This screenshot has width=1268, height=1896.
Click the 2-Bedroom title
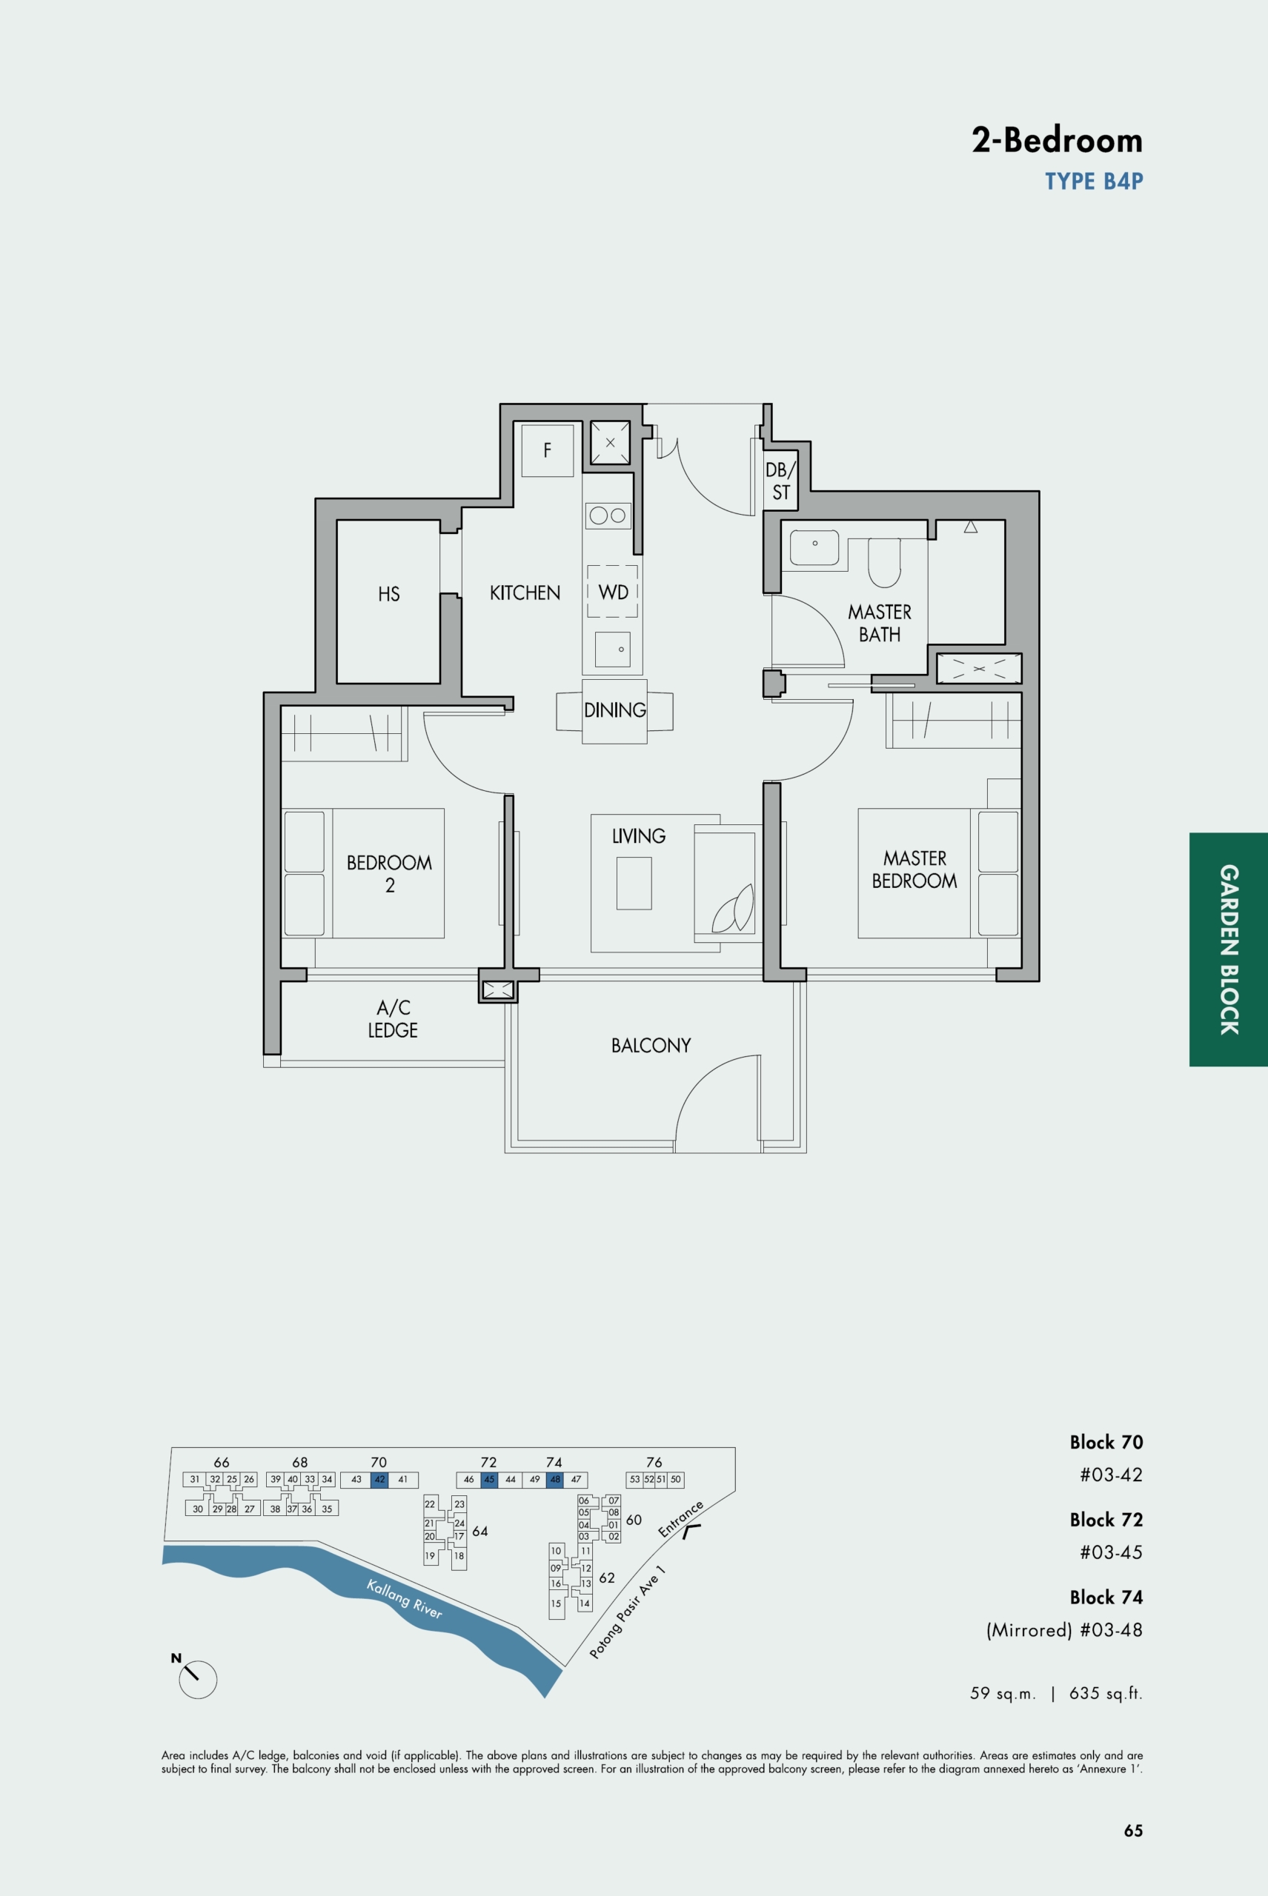pos(1057,140)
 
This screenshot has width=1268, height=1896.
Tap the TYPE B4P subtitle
pos(1093,181)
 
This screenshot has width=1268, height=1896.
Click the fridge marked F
pos(548,450)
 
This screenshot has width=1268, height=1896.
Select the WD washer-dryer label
pos(613,592)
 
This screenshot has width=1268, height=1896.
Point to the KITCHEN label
pos(525,592)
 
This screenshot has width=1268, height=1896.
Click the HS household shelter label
pos(389,594)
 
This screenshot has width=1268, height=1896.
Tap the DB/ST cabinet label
pos(781,481)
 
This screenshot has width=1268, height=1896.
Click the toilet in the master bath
pos(885,562)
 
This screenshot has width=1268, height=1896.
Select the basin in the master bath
pos(814,547)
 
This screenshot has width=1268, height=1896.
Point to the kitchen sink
pos(612,649)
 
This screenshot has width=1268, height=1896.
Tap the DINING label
pos(614,710)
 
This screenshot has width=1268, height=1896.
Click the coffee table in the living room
pos(634,884)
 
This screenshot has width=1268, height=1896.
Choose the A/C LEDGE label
pos(393,1018)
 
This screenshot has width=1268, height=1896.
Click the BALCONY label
pos(651,1045)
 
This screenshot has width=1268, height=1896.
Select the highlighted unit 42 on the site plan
pos(379,1480)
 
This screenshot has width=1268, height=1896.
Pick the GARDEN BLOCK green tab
pos(1229,949)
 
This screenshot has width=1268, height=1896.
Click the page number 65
pos(1133,1831)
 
